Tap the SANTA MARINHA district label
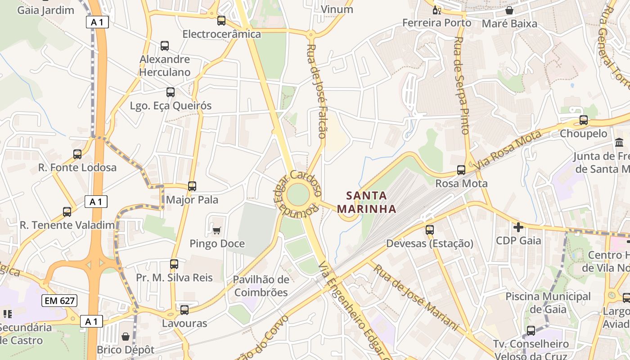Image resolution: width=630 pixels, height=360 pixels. [366, 202]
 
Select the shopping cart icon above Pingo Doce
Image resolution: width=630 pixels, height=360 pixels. [216, 231]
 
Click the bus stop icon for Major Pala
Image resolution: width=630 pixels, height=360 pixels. [192, 186]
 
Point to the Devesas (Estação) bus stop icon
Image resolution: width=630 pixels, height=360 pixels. [430, 230]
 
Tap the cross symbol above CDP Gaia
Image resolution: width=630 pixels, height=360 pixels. [518, 227]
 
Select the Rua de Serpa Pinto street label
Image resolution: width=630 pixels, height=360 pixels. [462, 85]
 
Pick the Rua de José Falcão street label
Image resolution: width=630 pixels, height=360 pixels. [316, 91]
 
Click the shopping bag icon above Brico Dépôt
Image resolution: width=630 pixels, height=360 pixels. [126, 337]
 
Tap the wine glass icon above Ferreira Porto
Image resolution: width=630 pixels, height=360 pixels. [436, 10]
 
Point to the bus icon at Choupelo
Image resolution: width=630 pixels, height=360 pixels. [584, 120]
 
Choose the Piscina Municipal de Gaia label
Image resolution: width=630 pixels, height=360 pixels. [548, 302]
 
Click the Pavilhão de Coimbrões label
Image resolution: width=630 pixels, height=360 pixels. [261, 286]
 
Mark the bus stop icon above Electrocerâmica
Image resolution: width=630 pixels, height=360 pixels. [221, 21]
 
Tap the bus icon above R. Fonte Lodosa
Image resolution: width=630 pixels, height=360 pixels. [77, 154]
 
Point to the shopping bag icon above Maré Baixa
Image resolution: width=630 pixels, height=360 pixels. [509, 10]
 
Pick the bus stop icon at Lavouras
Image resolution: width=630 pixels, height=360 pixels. [184, 310]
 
